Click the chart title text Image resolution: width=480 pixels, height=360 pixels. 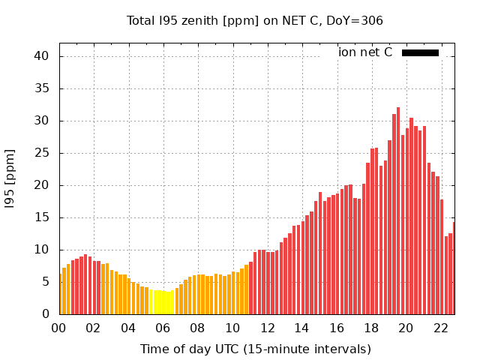pyautogui.click(x=255, y=20)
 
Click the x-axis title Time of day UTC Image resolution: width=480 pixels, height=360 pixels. pyautogui.click(x=256, y=349)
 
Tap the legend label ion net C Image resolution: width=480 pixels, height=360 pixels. pyautogui.click(x=365, y=52)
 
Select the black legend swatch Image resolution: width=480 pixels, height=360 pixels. pyautogui.click(x=420, y=52)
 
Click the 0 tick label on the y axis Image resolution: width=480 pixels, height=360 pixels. pyautogui.click(x=45, y=314)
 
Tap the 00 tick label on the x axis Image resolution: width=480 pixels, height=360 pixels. pyautogui.click(x=59, y=328)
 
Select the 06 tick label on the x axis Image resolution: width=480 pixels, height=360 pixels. pyautogui.click(x=163, y=328)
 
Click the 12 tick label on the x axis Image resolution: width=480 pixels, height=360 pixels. pyautogui.click(x=267, y=328)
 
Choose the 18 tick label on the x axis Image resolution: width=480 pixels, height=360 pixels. pyautogui.click(x=371, y=328)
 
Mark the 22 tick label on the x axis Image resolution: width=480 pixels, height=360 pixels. pyautogui.click(x=440, y=328)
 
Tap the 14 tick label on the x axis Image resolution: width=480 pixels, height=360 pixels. pyautogui.click(x=301, y=328)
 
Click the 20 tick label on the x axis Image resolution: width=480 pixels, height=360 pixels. pyautogui.click(x=406, y=328)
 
